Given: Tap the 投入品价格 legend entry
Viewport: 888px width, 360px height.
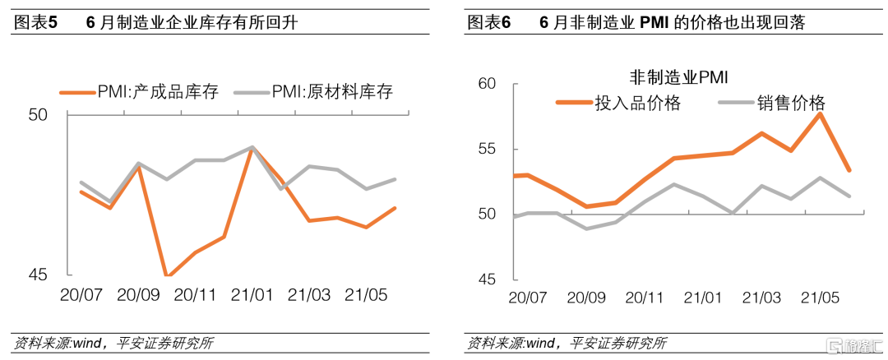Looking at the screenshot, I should tap(637, 103).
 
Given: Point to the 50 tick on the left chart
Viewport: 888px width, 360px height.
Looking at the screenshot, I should tap(39, 116).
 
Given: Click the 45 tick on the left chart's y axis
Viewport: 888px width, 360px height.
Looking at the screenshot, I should tap(39, 275).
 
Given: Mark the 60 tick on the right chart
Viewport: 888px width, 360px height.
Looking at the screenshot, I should tap(487, 84).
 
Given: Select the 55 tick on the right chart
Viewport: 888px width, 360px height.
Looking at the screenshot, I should tap(487, 149).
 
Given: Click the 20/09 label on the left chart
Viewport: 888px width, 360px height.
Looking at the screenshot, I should tap(139, 294).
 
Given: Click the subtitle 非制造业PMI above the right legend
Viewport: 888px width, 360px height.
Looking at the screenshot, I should tap(681, 78).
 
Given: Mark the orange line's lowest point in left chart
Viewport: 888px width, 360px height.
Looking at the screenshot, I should tap(168, 275).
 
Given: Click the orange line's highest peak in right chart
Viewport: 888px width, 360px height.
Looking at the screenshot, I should tap(820, 113).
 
